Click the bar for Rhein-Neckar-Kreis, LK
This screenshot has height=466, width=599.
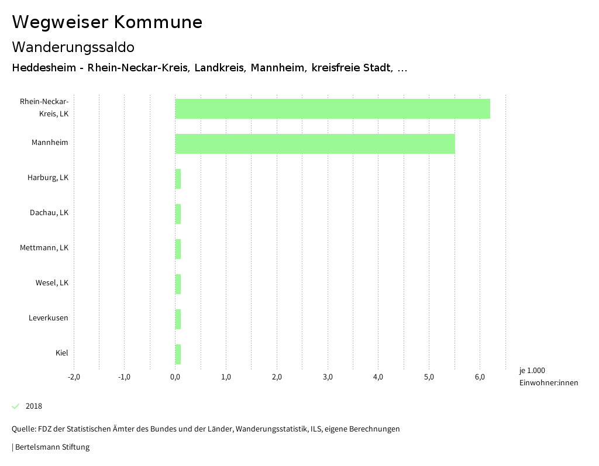pos(332,109)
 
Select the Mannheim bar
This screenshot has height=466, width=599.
pos(315,144)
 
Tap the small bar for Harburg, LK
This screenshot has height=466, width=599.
pos(178,179)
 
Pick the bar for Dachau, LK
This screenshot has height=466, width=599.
pos(178,214)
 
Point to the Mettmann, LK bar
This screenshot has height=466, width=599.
pos(178,249)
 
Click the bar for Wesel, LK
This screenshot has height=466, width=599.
pos(178,284)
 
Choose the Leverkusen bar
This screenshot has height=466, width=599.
pos(178,319)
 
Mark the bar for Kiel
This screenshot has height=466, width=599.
pos(178,354)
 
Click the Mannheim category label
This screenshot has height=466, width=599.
pos(50,142)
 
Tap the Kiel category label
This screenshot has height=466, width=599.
pos(61,353)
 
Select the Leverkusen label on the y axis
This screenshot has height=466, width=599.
pos(48,317)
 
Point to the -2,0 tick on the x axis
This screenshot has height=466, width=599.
pos(74,377)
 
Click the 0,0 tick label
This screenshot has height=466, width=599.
pos(175,377)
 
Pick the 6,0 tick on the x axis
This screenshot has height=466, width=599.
pos(480,377)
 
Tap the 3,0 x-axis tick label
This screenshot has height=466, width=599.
pos(328,377)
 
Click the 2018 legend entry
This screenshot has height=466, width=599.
pos(33,406)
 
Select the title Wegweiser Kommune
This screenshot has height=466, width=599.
pos(107,22)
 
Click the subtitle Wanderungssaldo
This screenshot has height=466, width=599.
pos(73,47)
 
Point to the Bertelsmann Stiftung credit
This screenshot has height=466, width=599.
pos(51,447)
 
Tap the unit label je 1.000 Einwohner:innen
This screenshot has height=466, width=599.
pos(548,377)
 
